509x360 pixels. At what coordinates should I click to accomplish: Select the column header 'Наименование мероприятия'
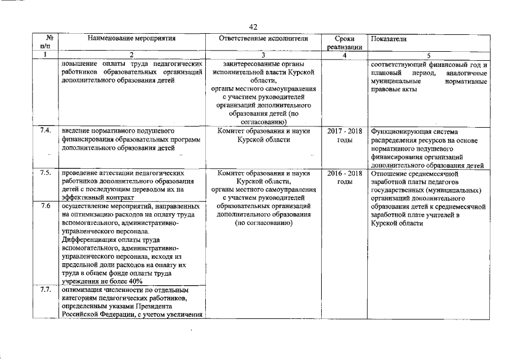tap(132, 39)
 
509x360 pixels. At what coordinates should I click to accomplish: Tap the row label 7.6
tap(46, 206)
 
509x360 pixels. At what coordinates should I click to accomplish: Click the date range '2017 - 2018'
tap(344, 131)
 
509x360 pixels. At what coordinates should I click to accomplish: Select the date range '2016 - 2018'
tap(344, 173)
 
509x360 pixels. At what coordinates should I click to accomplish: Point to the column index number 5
tap(428, 55)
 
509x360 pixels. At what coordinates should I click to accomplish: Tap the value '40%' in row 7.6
tap(136, 281)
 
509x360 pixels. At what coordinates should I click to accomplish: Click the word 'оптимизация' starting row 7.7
tap(82, 290)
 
